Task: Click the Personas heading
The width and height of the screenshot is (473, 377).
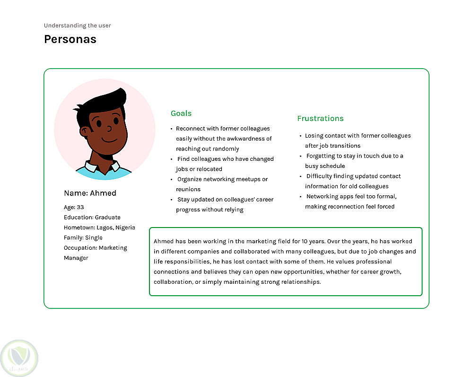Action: [x=70, y=39]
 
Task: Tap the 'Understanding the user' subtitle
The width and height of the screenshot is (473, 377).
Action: [x=78, y=26]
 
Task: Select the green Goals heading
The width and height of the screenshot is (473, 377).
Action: [x=181, y=114]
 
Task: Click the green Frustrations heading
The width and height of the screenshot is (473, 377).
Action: [x=320, y=119]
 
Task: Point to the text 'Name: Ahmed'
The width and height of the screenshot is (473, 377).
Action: [x=90, y=193]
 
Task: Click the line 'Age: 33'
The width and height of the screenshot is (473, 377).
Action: [x=74, y=207]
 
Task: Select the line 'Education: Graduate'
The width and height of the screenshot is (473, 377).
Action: [x=92, y=218]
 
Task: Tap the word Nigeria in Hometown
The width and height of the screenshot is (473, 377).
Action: [x=125, y=228]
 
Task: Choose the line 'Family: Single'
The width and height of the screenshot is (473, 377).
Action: [x=83, y=238]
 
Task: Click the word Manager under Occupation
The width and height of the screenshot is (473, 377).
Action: [x=76, y=258]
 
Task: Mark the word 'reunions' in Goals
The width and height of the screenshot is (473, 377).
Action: [x=188, y=190]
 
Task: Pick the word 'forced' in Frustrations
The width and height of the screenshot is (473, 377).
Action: [x=386, y=207]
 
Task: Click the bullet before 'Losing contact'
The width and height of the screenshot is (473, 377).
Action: [x=300, y=136]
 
